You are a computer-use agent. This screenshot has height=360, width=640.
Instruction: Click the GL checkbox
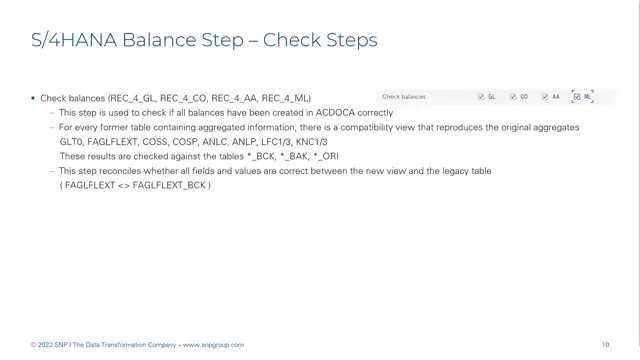[481, 97]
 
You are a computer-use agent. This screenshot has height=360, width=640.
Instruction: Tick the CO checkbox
[513, 97]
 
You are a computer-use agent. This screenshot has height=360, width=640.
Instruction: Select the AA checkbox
[545, 97]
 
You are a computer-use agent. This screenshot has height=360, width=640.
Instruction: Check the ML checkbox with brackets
[577, 97]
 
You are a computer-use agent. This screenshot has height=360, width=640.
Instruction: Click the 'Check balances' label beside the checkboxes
[404, 97]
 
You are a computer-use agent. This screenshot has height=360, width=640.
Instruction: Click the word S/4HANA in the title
[63, 40]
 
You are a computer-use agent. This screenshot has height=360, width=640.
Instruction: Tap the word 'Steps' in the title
[351, 40]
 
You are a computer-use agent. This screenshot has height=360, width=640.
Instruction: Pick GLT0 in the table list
[72, 142]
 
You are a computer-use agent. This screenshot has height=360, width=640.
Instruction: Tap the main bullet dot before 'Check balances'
[33, 99]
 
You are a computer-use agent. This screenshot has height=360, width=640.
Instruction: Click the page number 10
[606, 345]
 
